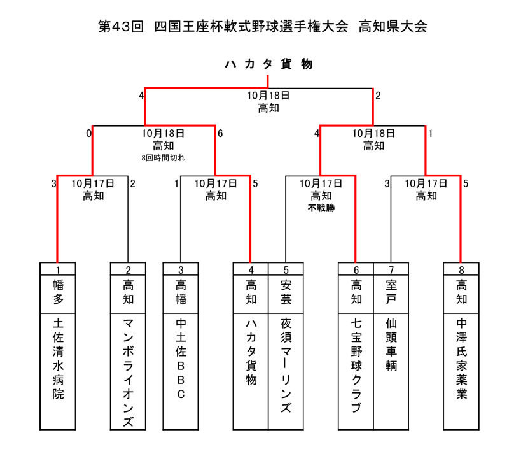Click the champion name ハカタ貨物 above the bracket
coord(268,64)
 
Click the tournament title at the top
coord(263,26)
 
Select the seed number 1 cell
coord(58,269)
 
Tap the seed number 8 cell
coord(461,269)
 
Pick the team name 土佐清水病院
coord(58,359)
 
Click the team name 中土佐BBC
coord(181,359)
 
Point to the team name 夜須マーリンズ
coord(286,366)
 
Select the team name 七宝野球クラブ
coord(356,366)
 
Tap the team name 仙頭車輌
coord(391,345)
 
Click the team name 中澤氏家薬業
coord(461,359)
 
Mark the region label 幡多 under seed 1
coord(58,292)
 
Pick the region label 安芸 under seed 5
coord(286,292)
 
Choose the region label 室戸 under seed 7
coord(391,292)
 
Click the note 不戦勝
coord(321,208)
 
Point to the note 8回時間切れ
coord(164,158)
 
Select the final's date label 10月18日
coord(268,96)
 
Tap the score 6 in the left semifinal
coord(220,134)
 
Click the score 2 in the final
coord(378,96)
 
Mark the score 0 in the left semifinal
coord(88,134)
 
